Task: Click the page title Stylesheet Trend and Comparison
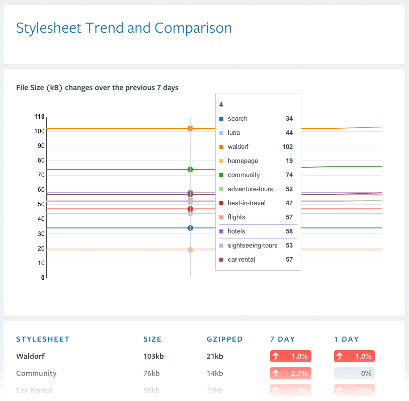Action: click(x=124, y=28)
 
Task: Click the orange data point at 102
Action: click(x=190, y=128)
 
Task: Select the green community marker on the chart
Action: click(x=190, y=170)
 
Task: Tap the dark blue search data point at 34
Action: click(x=190, y=228)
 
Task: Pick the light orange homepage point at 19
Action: click(x=190, y=250)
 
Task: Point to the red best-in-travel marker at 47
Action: click(x=190, y=209)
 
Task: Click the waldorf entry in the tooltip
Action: click(x=238, y=147)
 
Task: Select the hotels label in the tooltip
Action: click(x=236, y=231)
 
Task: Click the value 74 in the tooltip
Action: click(x=289, y=175)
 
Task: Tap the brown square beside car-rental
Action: click(x=221, y=260)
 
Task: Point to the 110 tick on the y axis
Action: click(x=39, y=117)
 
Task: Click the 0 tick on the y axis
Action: click(x=43, y=277)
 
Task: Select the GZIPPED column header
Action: click(x=225, y=339)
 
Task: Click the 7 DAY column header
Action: click(x=283, y=339)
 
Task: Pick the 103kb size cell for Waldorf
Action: click(x=153, y=356)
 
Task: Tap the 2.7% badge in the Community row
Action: click(x=291, y=373)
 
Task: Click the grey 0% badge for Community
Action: click(x=354, y=373)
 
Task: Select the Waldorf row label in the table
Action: click(x=30, y=356)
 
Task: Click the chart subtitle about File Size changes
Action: click(x=97, y=88)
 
